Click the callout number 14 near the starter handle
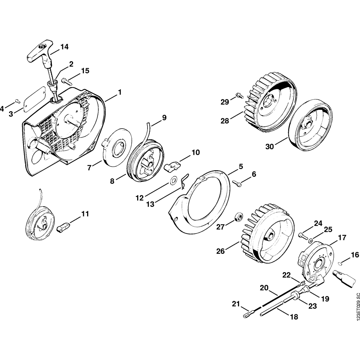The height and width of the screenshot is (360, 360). [x=64, y=47]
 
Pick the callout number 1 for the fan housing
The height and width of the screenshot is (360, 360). [x=120, y=93]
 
